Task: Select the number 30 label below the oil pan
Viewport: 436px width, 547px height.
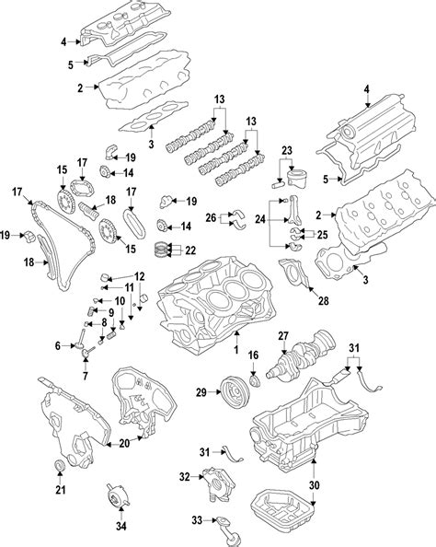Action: point(314,486)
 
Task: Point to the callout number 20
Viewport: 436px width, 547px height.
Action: point(123,443)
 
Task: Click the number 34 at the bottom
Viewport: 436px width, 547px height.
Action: point(118,526)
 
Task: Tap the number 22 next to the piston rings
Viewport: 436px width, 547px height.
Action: point(190,250)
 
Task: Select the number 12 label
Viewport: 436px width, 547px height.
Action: point(139,276)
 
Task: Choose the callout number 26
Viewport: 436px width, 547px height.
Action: point(211,218)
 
